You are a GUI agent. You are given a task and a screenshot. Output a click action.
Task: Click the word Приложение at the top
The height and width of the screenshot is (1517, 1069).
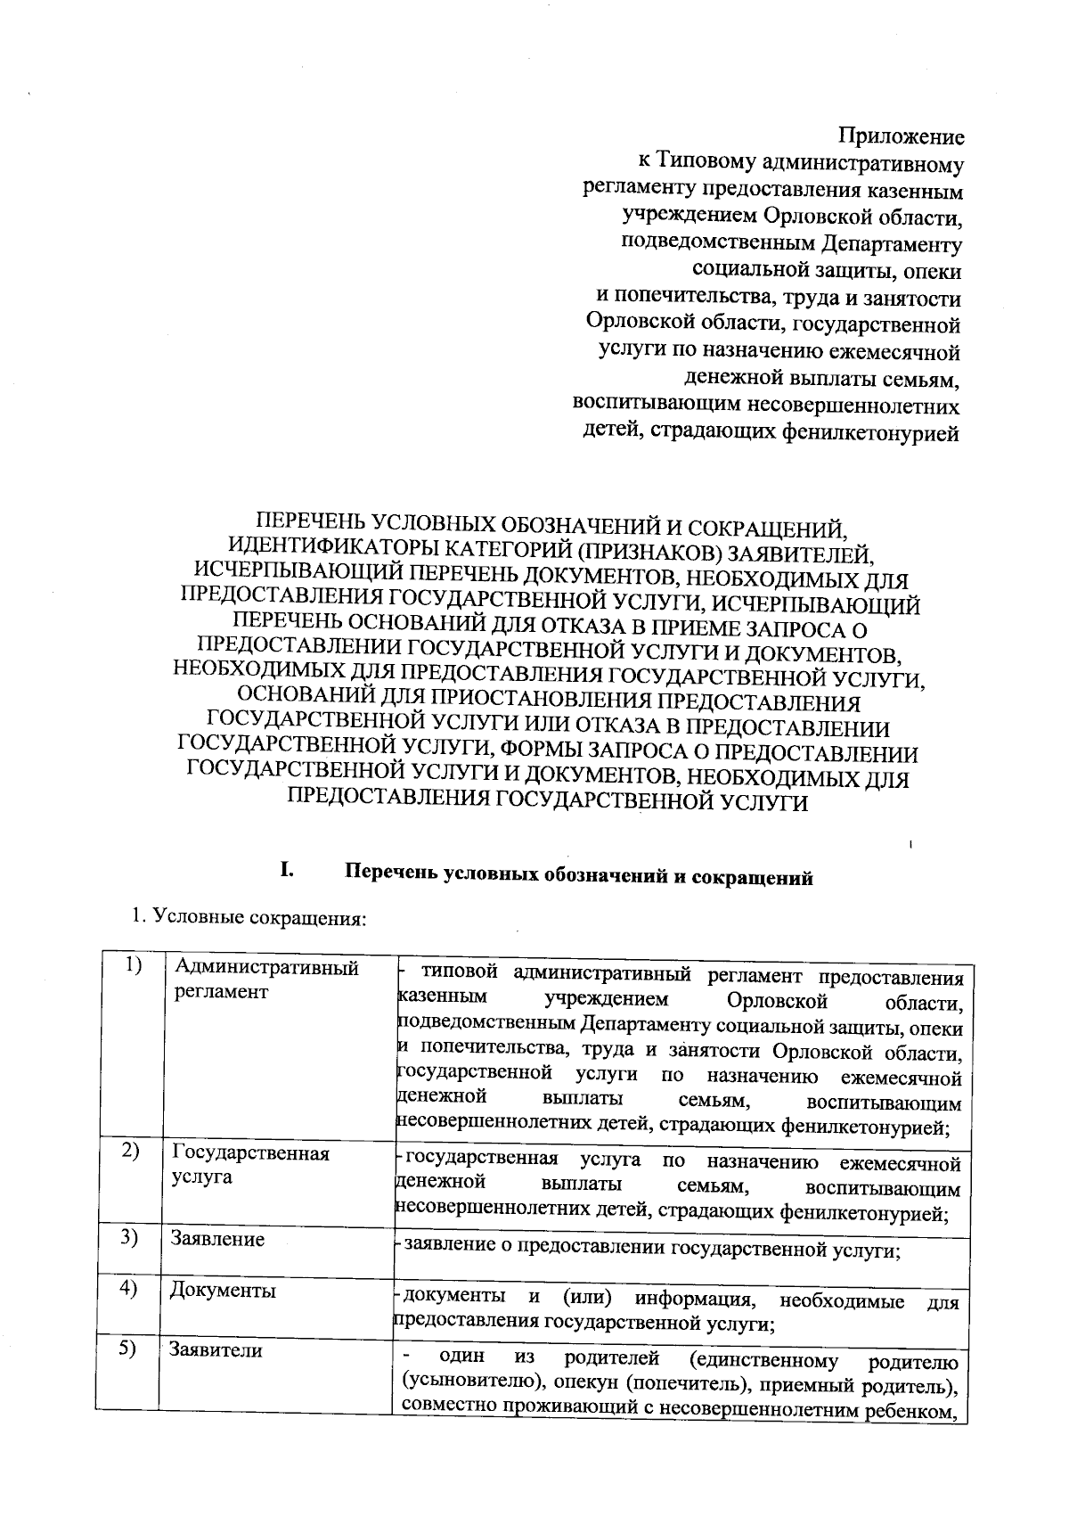click(902, 137)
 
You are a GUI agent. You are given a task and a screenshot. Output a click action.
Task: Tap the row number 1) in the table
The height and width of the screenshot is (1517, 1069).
click(134, 965)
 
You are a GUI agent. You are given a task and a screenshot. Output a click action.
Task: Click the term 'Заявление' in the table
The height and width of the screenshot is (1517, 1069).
click(218, 1240)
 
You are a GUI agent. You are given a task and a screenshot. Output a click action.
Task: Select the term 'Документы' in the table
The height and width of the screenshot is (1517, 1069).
click(223, 1291)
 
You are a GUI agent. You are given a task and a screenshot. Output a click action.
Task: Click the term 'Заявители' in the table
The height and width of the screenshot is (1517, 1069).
click(216, 1350)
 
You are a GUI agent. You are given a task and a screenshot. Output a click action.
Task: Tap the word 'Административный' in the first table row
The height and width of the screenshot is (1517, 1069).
click(266, 968)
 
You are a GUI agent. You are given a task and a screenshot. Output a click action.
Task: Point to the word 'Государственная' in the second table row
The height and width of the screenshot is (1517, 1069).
click(250, 1153)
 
